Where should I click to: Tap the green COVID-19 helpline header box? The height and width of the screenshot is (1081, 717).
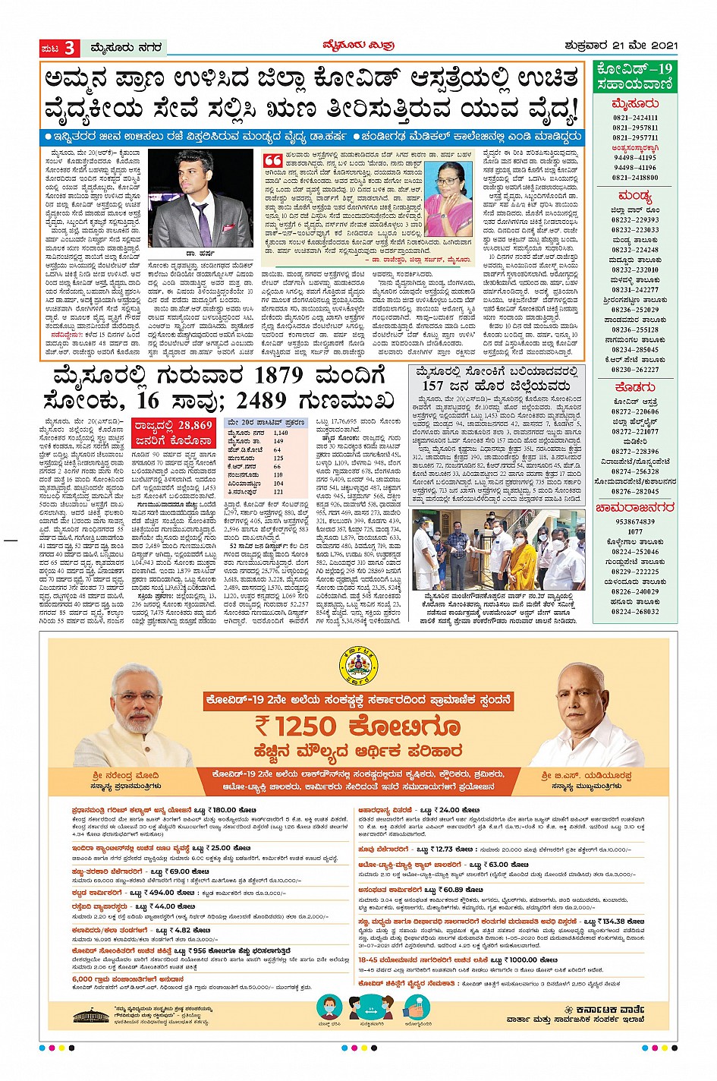pos(635,76)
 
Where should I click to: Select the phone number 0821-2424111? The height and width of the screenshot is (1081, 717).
pos(635,118)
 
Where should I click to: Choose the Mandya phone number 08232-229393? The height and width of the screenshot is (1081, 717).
pos(635,220)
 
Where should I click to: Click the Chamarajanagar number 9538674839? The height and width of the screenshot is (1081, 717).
pos(635,522)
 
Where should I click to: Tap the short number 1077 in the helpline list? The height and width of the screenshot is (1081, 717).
pos(635,532)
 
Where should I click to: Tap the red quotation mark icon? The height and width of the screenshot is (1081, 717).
pos(272,160)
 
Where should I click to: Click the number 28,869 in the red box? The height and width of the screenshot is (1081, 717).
pos(196,425)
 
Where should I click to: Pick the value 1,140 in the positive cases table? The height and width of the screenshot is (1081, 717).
pos(280,433)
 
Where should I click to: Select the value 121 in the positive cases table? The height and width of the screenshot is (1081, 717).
pos(278,492)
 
